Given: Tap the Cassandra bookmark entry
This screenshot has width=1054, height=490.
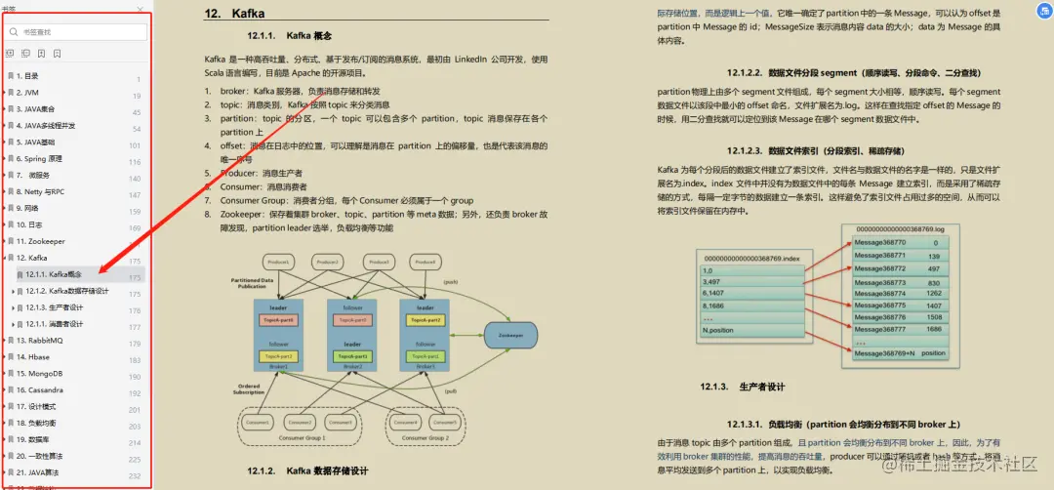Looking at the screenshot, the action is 40,389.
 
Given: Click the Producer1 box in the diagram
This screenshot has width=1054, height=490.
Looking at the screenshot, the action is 280,263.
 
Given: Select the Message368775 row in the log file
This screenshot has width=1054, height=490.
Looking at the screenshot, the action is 880,305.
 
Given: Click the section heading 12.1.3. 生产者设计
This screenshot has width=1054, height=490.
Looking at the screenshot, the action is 743,387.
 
